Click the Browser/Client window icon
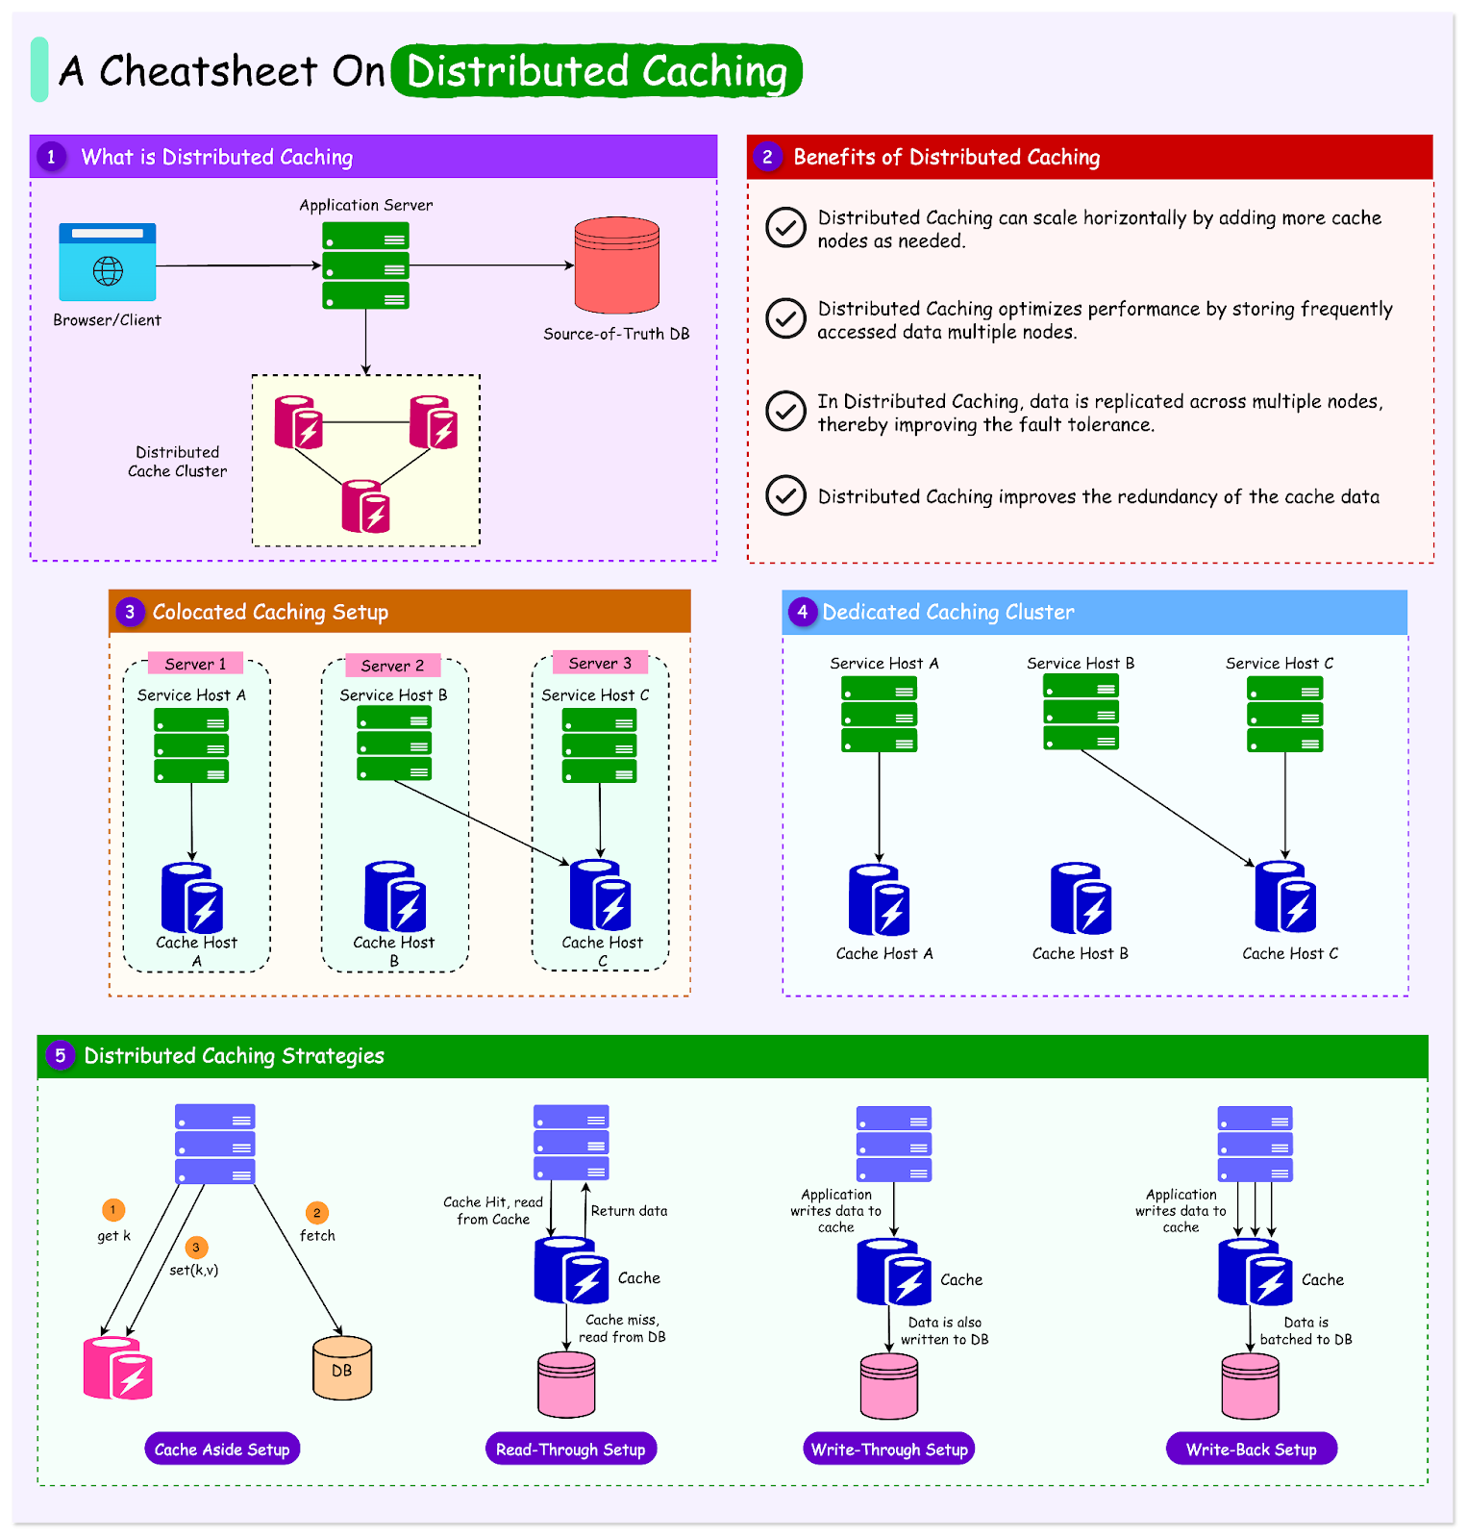[107, 263]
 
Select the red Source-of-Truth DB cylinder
[616, 265]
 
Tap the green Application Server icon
[365, 265]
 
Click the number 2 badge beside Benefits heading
[767, 157]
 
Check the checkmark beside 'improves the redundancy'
[785, 495]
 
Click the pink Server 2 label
[392, 666]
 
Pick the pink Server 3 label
[600, 663]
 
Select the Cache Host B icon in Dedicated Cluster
[1081, 899]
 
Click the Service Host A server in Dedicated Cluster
[879, 715]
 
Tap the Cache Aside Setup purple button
[222, 1449]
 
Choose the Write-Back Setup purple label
[1251, 1449]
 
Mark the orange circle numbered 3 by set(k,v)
[196, 1248]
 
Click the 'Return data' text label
[629, 1211]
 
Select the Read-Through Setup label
[570, 1449]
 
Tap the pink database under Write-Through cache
[889, 1387]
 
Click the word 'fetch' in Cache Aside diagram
[317, 1236]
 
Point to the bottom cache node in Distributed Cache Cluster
[365, 507]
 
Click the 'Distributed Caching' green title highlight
[597, 71]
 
